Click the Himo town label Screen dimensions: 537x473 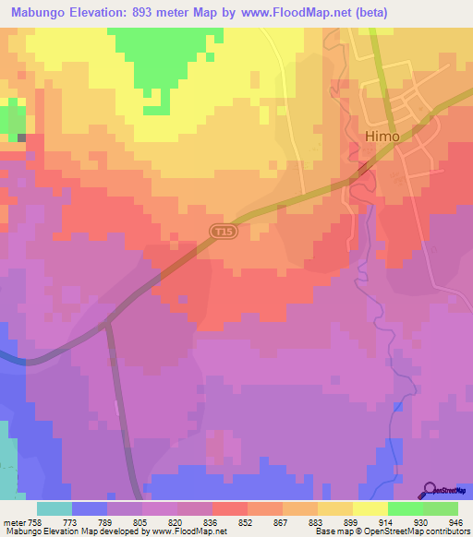click(382, 136)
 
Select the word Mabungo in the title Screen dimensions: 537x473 click(43, 12)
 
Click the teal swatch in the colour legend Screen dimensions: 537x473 click(55, 508)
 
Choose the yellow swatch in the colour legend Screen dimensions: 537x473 click(370, 508)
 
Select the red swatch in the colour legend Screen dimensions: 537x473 click(230, 508)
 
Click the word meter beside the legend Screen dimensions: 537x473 click(13, 521)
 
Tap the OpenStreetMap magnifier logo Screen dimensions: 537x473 click(430, 489)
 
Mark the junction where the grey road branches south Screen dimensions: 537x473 click(107, 322)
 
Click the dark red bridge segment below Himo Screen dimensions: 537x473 click(364, 168)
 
